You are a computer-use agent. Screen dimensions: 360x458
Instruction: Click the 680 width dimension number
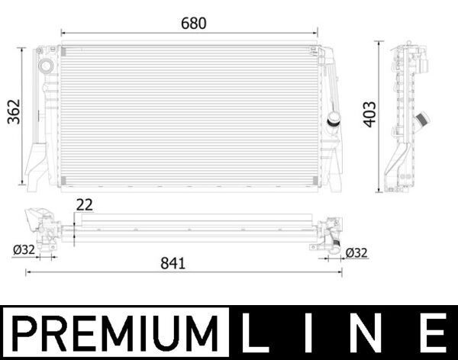(193, 23)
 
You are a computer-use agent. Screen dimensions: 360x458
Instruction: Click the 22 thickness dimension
(84, 204)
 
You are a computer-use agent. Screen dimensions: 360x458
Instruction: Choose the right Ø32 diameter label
(357, 252)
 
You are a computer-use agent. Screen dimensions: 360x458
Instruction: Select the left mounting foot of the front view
(36, 164)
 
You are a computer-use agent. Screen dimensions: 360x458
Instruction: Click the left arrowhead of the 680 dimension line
(63, 33)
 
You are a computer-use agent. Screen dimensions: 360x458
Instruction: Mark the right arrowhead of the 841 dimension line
(340, 272)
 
